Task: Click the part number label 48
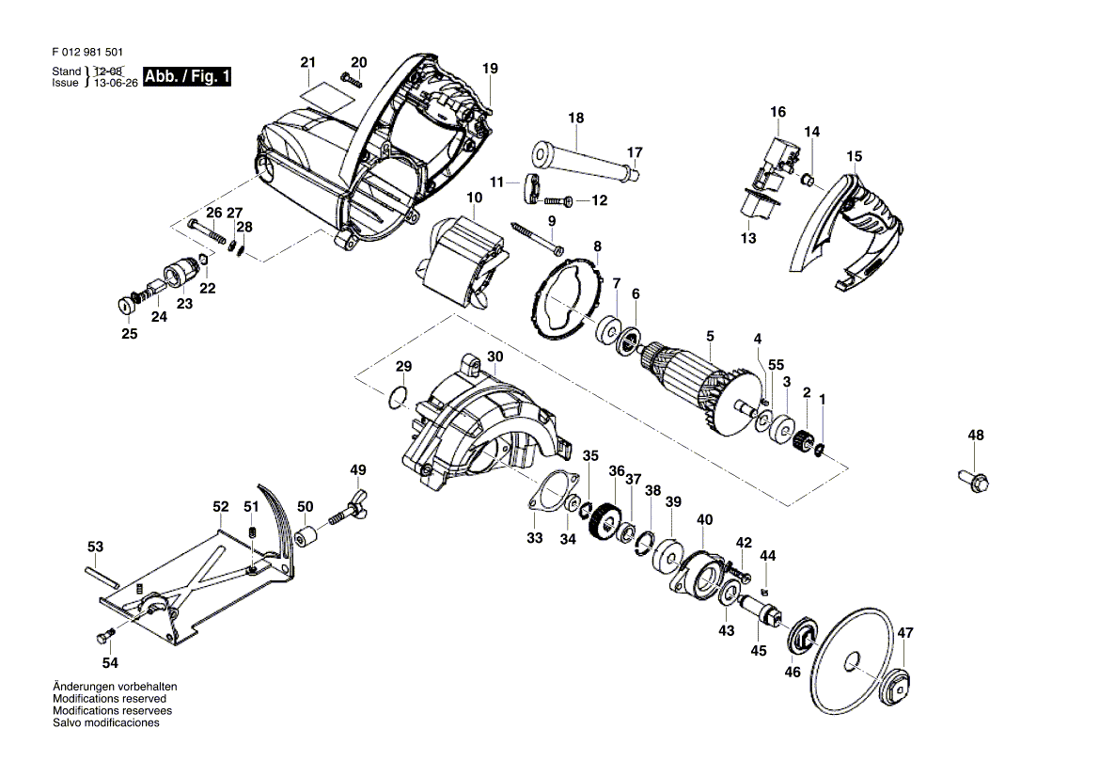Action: click(x=976, y=436)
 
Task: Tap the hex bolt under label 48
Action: click(x=973, y=481)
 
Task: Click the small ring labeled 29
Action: click(x=398, y=397)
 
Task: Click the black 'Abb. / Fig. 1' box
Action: click(x=187, y=76)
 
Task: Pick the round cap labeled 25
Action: click(x=126, y=307)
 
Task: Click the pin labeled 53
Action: click(x=103, y=576)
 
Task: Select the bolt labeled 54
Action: click(x=105, y=637)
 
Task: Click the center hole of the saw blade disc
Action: click(x=853, y=660)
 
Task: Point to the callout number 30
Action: click(x=495, y=357)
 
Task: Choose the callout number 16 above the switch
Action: click(x=778, y=112)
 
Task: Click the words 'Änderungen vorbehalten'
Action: click(x=115, y=687)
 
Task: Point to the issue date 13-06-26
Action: click(x=116, y=83)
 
